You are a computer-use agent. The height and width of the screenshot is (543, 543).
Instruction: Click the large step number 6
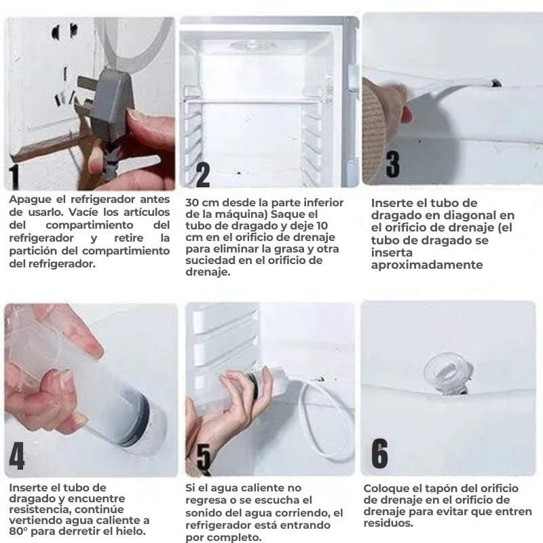[x=380, y=453]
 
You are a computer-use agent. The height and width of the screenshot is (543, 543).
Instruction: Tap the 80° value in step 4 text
[x=20, y=531]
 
